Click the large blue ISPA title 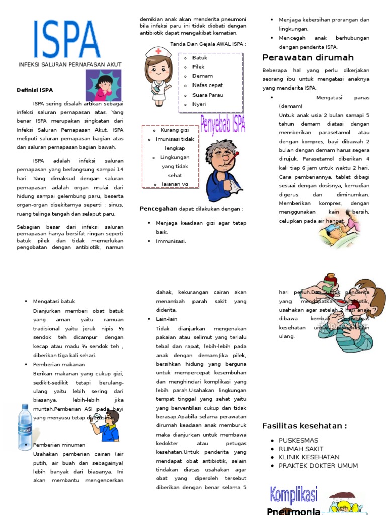tap(66, 40)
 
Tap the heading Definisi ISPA tap(34, 90)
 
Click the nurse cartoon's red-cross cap tap(159, 51)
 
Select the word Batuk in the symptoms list tap(200, 58)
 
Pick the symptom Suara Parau tap(208, 95)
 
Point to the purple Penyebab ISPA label tap(223, 124)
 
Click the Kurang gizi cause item tap(175, 130)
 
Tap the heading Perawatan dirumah tap(308, 57)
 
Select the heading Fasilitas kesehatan tap(305, 426)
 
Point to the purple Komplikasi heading tap(294, 495)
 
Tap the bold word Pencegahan tap(158, 208)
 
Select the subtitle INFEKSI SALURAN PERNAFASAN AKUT tap(69, 65)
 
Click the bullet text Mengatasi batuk tap(54, 301)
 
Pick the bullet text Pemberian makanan tap(59, 364)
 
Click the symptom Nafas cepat tap(207, 85)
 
